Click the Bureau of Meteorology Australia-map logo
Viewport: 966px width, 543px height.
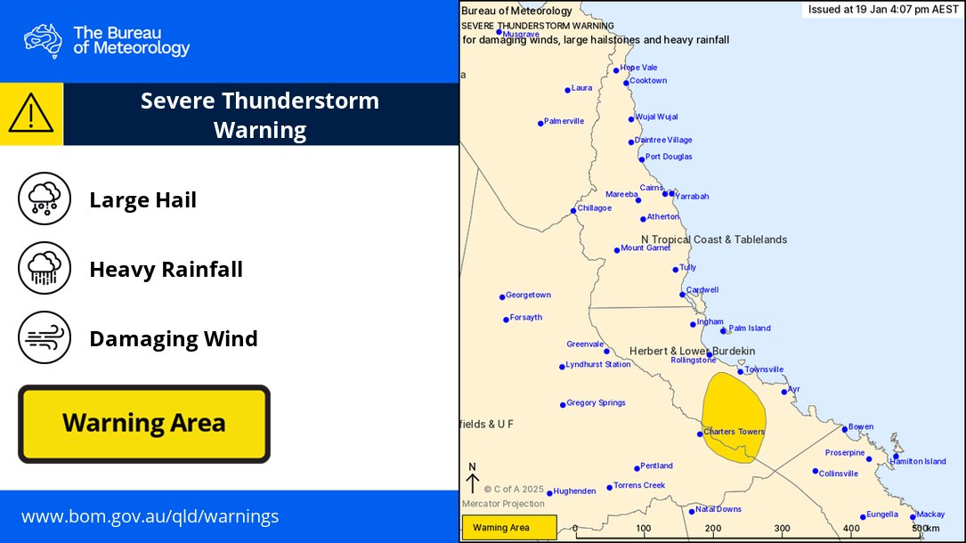43,40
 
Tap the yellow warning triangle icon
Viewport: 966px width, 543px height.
31,114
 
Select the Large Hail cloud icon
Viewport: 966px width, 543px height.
45,199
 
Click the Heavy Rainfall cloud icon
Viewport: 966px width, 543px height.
45,268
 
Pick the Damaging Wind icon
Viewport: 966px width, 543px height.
45,337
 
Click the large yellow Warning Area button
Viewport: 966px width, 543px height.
143,424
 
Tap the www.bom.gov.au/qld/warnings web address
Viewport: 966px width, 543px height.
150,516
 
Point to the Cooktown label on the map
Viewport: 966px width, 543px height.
648,81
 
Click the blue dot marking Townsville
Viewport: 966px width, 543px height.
740,371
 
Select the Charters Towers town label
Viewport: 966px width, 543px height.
734,433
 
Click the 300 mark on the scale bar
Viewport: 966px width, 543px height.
782,529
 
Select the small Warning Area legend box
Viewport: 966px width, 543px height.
508,528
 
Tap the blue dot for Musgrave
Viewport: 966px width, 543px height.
499,32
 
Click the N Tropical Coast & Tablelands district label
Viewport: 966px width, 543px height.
714,239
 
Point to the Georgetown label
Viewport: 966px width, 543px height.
528,296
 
